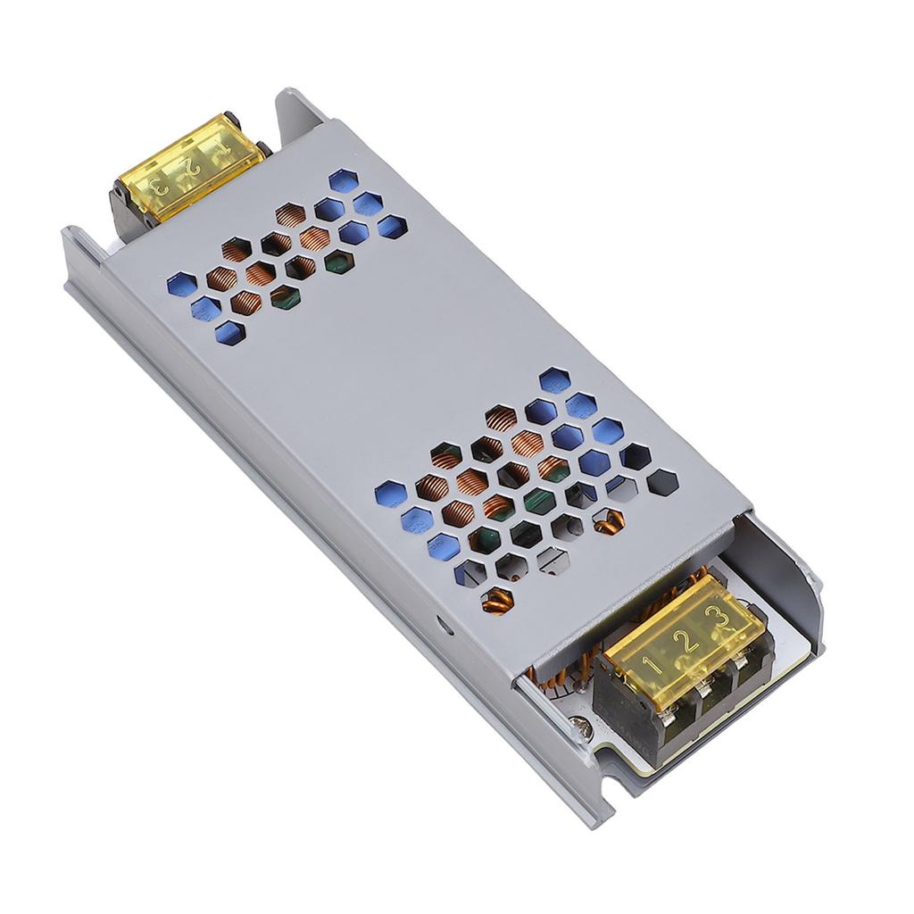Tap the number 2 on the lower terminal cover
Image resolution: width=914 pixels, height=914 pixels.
coord(685,640)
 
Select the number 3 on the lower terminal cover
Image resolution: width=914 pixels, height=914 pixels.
coord(715,617)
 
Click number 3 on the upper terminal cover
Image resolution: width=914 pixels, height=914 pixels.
coord(158,188)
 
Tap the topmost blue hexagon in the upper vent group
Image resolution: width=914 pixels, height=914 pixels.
coord(342,181)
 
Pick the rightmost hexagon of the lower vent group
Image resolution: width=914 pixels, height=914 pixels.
coord(662,482)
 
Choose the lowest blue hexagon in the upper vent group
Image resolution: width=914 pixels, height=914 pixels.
coord(229,332)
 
